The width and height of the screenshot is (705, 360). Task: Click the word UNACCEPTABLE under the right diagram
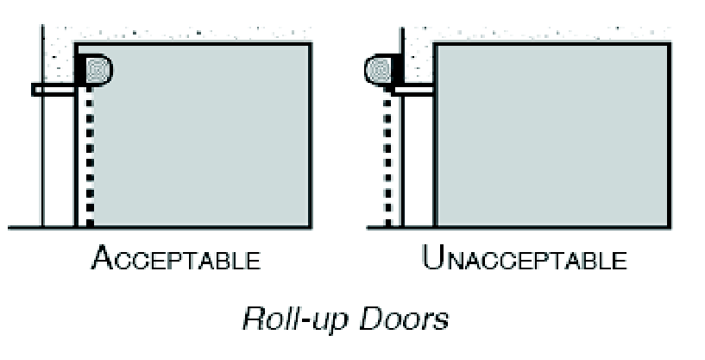(x=525, y=259)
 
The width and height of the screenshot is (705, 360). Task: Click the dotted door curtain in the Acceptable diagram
(x=88, y=155)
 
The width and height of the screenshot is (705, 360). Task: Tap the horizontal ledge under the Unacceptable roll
(x=414, y=89)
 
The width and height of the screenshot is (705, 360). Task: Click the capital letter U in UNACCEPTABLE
(x=432, y=258)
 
